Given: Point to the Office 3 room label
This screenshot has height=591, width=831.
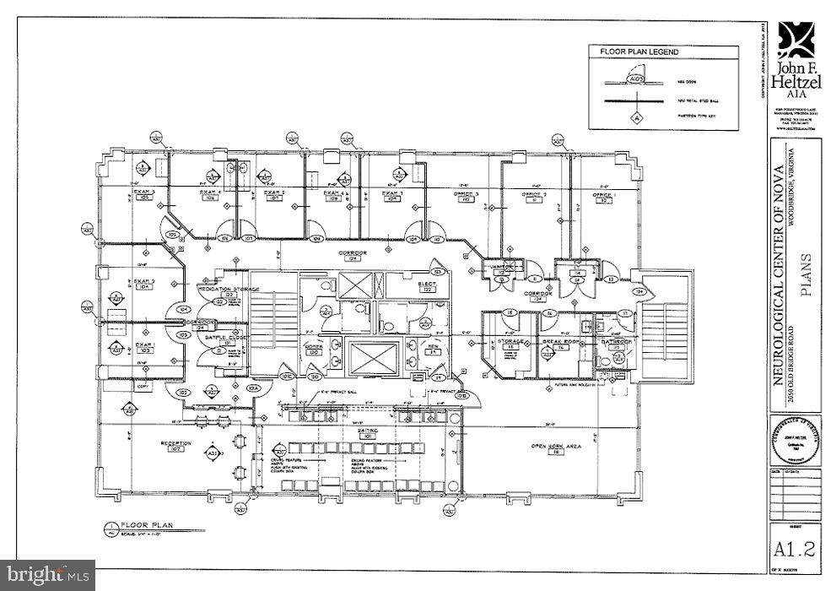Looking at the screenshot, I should coord(466,194).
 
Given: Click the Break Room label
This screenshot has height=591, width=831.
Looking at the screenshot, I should coord(558,342).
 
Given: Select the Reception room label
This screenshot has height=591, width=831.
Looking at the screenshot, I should coord(177,444).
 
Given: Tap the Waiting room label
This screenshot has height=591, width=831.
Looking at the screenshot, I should coord(366,431).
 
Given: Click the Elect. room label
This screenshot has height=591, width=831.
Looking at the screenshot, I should coord(428,285).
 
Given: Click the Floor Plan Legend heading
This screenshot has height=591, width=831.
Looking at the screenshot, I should coord(639,52).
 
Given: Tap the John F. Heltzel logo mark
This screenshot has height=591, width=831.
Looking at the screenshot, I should coord(794,38).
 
